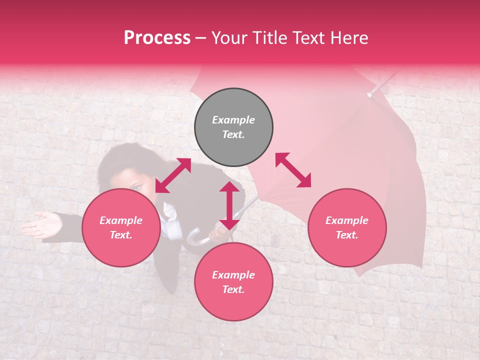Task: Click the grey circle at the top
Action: [233, 127]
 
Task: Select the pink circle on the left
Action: [121, 228]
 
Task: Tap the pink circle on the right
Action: [347, 228]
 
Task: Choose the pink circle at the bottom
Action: [233, 282]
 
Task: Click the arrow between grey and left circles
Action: [173, 175]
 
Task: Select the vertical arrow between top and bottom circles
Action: [229, 205]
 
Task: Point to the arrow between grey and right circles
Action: [293, 170]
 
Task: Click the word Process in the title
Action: [157, 37]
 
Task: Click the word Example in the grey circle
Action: [233, 120]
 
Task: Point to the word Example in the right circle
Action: [347, 220]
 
